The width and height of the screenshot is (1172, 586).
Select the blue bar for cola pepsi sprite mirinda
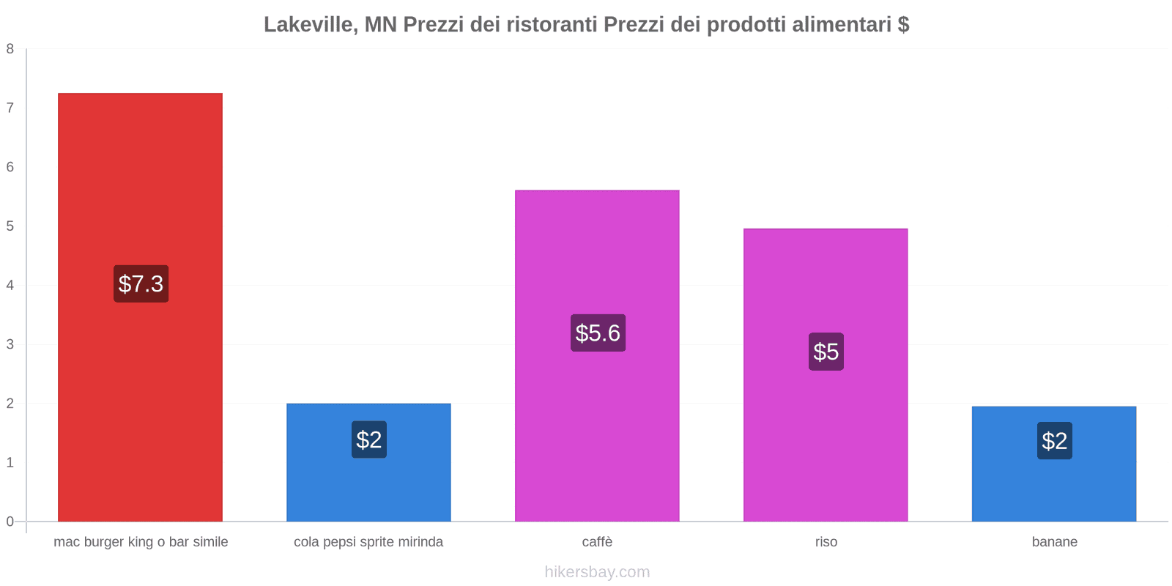tap(368, 483)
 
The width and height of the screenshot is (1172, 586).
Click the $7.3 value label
tap(141, 283)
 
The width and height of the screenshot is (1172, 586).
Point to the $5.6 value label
tap(598, 333)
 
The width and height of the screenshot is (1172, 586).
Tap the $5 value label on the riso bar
tap(826, 352)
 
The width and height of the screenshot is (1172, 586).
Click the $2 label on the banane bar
tap(1054, 441)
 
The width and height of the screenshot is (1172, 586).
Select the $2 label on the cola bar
tap(368, 439)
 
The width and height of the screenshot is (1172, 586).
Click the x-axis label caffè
tap(597, 542)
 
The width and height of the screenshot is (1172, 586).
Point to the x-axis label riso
tap(826, 542)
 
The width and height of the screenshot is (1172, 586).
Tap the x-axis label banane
tap(1054, 542)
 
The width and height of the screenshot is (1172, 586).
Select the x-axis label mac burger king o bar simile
tap(141, 542)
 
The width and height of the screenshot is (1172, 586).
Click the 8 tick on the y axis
tap(10, 49)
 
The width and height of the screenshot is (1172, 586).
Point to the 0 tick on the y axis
tap(10, 522)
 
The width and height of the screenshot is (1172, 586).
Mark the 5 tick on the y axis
tap(10, 226)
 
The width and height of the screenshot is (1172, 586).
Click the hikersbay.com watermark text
tap(597, 572)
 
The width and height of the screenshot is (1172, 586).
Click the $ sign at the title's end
tap(903, 25)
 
